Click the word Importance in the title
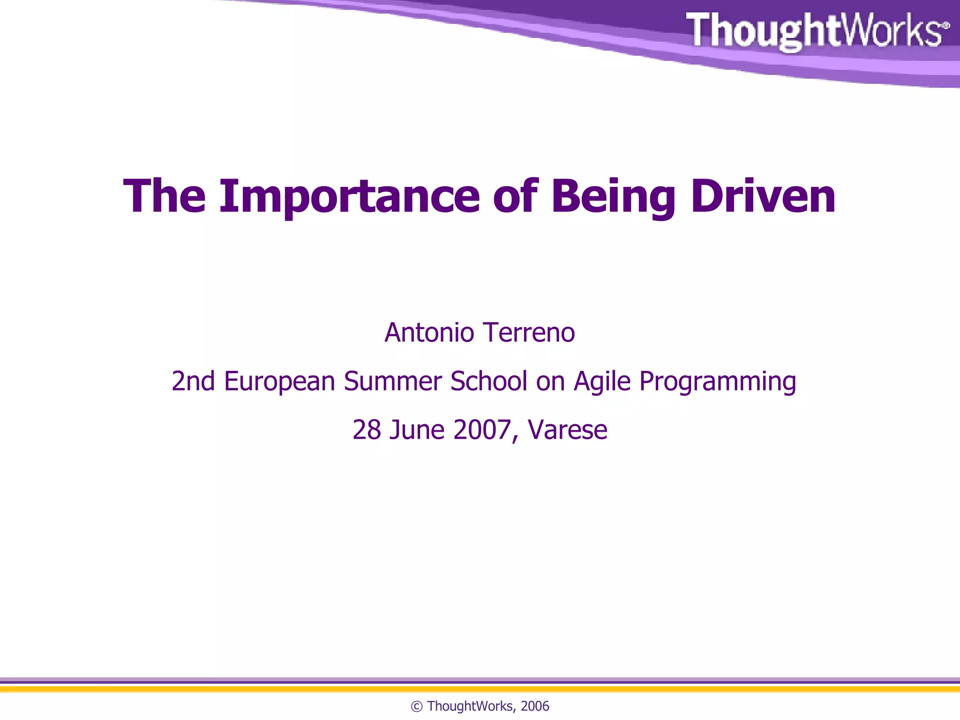[349, 197]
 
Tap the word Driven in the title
[763, 197]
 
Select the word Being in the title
[613, 197]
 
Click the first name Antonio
[429, 333]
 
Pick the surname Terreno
[529, 333]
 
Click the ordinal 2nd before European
[193, 381]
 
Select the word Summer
[393, 381]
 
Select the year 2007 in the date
[482, 430]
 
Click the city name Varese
[568, 430]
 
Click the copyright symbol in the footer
[417, 706]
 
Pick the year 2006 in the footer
[535, 706]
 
